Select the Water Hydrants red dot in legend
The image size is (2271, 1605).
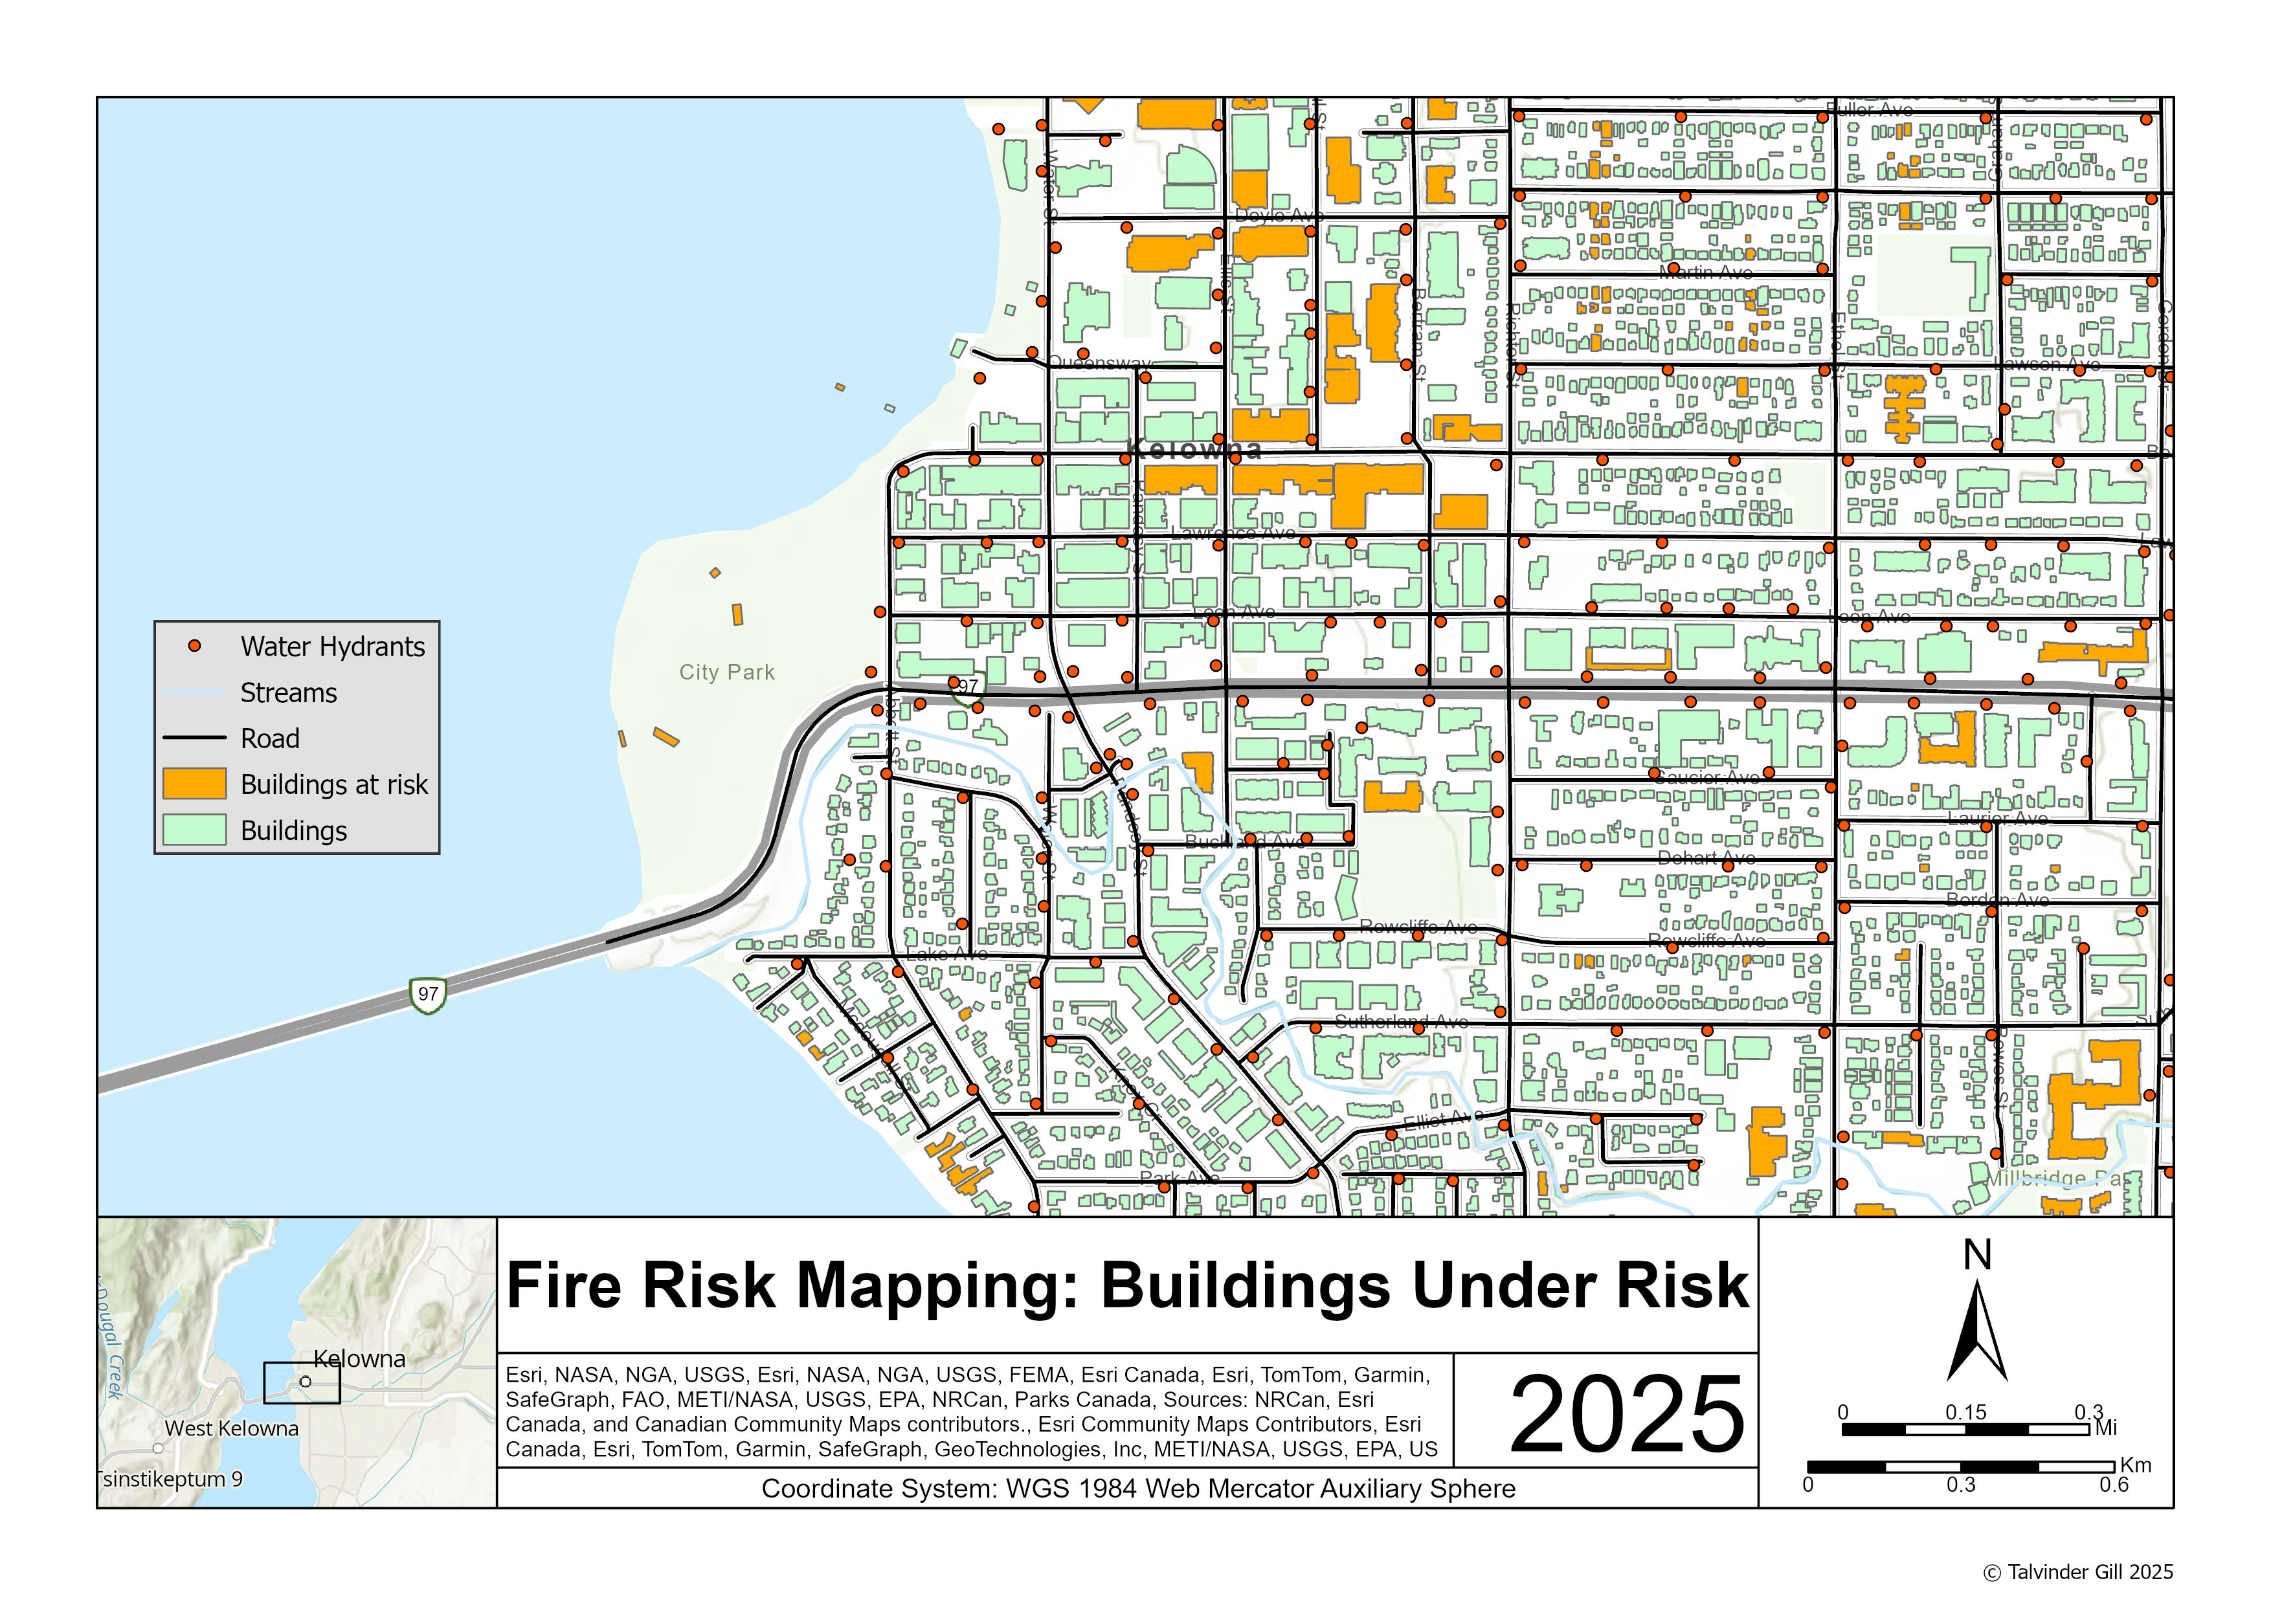tap(195, 646)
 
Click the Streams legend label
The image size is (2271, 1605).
tap(288, 692)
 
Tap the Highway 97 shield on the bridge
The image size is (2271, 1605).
tap(427, 994)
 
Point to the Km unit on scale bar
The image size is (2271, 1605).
tap(2136, 1465)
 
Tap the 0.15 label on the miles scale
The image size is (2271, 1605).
tap(1965, 1412)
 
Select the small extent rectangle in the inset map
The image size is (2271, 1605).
tap(302, 1382)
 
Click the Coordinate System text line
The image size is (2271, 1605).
tap(1137, 1489)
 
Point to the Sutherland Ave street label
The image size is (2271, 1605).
tap(1400, 1021)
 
